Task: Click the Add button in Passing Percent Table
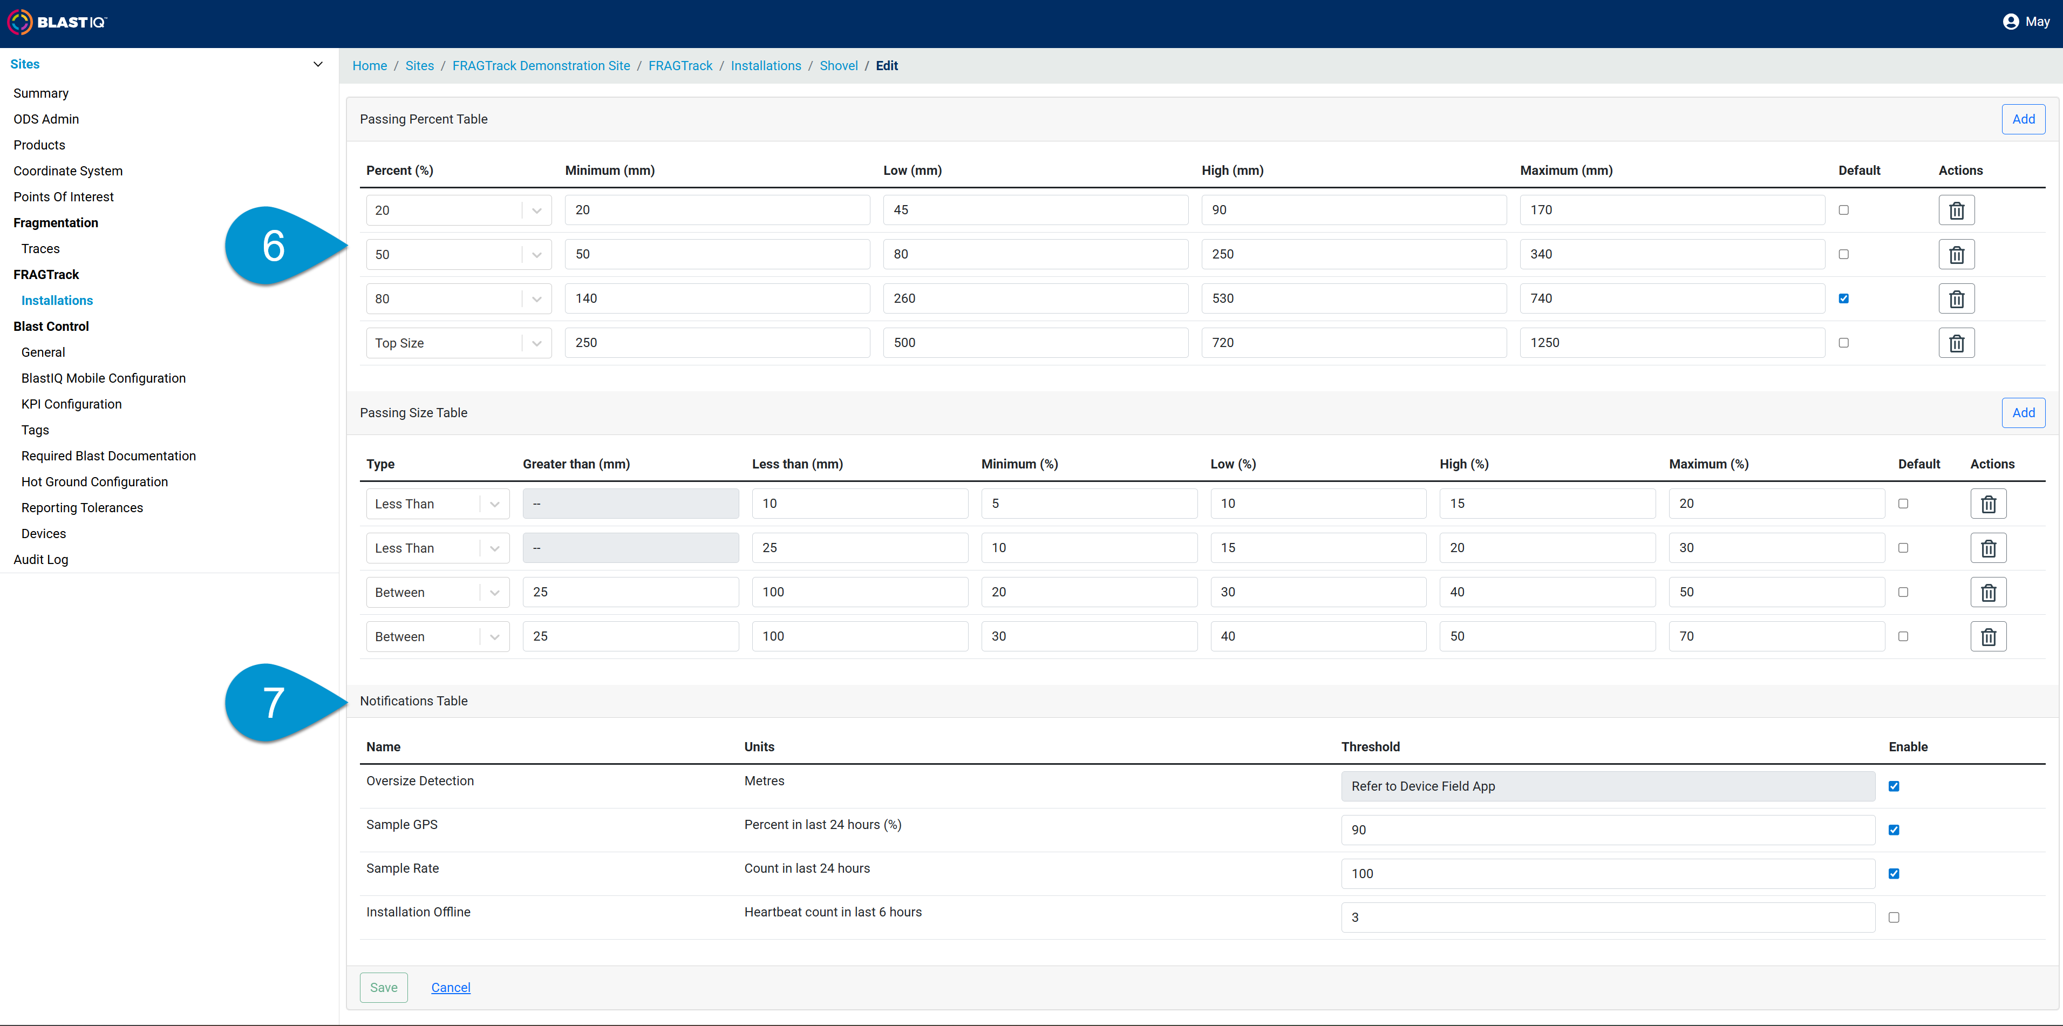tap(2023, 119)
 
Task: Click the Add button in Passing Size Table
tap(2023, 412)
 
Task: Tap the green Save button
tap(384, 988)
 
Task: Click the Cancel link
tap(451, 988)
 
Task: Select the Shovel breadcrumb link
tap(839, 66)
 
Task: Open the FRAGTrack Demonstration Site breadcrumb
tap(541, 66)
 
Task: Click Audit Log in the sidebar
tap(41, 559)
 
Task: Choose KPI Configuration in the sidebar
tap(71, 404)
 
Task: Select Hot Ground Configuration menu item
tap(94, 481)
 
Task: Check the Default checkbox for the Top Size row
tap(1843, 343)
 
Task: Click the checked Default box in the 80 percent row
tap(1843, 299)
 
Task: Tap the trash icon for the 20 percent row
tap(1957, 210)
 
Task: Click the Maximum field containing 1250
tap(1672, 343)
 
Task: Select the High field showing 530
tap(1353, 299)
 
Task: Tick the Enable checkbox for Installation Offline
tap(1893, 918)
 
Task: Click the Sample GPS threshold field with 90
tap(1608, 830)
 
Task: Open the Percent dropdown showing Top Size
tap(459, 343)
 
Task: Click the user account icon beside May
tap(2010, 22)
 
